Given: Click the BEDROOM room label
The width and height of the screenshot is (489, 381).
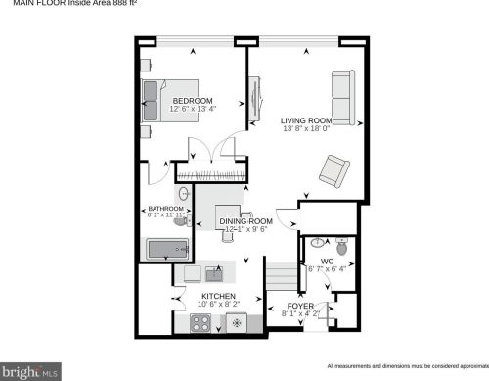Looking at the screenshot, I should click(193, 101).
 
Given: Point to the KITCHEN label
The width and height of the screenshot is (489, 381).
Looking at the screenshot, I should click(218, 296).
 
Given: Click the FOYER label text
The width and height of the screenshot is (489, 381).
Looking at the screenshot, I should click(300, 307).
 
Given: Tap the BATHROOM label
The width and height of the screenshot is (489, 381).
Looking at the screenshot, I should click(166, 209).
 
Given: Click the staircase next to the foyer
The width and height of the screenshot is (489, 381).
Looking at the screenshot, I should click(282, 275).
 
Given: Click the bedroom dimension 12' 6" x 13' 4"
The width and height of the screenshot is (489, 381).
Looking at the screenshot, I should click(193, 109).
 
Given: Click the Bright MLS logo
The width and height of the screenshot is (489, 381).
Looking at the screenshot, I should click(32, 371).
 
